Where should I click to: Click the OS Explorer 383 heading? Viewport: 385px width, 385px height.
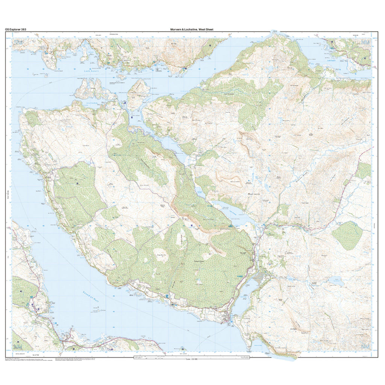(x=15, y=29)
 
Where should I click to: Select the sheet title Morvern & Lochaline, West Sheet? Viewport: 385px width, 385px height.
(x=191, y=29)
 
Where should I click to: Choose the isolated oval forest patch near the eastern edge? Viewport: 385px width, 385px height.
(x=347, y=235)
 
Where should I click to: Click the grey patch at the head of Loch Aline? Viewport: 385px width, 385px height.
(x=260, y=279)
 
